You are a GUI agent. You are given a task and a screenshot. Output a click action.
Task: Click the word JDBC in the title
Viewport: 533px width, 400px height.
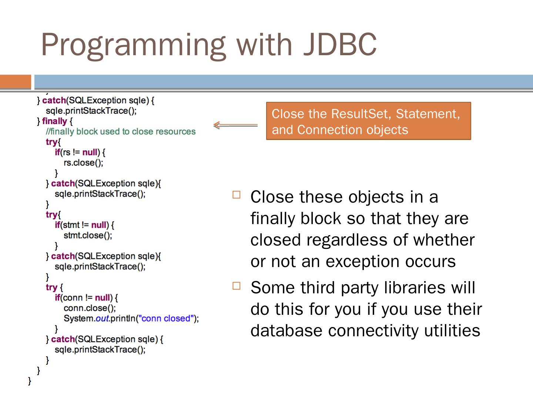click(340, 44)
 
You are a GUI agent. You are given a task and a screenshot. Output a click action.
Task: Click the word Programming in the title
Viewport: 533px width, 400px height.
click(134, 46)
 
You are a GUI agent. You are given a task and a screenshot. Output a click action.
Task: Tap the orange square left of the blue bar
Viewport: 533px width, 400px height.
click(15, 81)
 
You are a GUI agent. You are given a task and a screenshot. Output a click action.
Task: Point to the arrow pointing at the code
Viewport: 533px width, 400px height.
click(235, 125)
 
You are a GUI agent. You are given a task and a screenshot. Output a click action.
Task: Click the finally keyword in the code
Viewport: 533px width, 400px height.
click(54, 121)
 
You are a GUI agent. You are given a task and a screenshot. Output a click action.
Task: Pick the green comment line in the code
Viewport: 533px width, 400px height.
click(121, 131)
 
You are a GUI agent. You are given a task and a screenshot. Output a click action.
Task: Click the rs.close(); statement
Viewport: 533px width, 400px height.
click(83, 163)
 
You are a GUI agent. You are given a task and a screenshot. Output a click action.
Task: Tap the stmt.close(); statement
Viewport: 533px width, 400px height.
click(88, 235)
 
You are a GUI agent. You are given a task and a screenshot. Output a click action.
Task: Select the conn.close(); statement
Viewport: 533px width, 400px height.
click(90, 308)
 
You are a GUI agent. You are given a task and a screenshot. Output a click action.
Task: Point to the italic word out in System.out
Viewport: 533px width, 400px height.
click(102, 319)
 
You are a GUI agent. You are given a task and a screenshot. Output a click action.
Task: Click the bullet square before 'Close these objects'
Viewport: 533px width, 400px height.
click(237, 195)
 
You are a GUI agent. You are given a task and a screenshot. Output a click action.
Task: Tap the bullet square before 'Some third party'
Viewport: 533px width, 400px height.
click(237, 286)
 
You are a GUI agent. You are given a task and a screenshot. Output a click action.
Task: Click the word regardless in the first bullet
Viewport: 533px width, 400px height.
click(347, 240)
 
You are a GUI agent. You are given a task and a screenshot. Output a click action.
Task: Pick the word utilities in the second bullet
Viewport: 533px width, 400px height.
click(452, 330)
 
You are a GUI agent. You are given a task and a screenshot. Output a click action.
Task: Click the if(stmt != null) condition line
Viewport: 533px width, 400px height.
click(84, 225)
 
